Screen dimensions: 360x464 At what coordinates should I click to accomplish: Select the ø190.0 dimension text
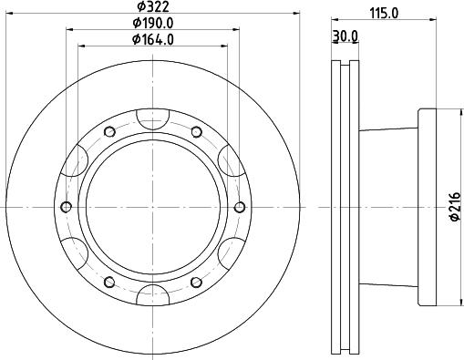tap(153, 23)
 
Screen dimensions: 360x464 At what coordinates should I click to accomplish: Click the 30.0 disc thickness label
tap(345, 36)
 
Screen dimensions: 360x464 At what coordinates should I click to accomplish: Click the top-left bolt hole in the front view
tap(110, 132)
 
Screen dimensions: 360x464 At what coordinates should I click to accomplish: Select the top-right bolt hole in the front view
tap(196, 132)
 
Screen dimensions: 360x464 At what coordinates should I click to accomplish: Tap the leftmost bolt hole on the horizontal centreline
tap(67, 207)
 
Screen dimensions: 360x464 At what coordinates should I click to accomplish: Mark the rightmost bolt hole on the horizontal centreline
tap(240, 207)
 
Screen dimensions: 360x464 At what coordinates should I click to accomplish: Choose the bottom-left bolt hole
tap(110, 282)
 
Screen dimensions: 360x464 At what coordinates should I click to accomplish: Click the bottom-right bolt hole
tap(196, 282)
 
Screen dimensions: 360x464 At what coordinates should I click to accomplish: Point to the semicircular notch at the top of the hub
tap(153, 116)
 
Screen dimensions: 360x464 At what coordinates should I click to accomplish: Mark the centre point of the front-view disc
tap(153, 207)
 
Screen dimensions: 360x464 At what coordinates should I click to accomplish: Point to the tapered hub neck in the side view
tap(387, 207)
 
